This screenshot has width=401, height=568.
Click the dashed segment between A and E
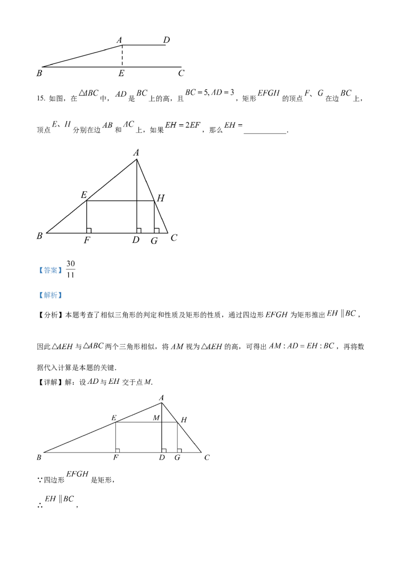tap(122, 56)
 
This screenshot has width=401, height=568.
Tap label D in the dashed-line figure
tap(166, 40)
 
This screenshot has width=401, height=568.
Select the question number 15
tap(41, 98)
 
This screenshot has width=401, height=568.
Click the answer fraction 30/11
tap(71, 269)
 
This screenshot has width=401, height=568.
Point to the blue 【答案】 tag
tap(50, 270)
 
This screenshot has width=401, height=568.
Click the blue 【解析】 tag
tap(50, 295)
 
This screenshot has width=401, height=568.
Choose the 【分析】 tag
tap(50, 315)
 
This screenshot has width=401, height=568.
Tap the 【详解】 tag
tap(50, 382)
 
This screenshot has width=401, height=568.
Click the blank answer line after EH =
tap(265, 133)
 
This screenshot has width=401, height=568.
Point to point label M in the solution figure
tap(156, 417)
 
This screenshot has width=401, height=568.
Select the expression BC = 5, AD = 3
tap(210, 92)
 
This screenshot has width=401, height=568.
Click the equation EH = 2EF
tap(183, 125)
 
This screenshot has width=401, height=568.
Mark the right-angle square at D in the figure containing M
tap(164, 450)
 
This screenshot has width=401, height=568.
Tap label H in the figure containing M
tap(184, 420)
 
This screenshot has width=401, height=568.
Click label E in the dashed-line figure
tap(121, 73)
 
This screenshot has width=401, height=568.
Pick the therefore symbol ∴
tap(40, 505)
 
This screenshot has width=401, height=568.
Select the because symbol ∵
tap(40, 480)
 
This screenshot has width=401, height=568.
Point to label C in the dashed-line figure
tap(181, 73)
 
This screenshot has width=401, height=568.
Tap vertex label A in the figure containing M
tap(161, 398)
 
